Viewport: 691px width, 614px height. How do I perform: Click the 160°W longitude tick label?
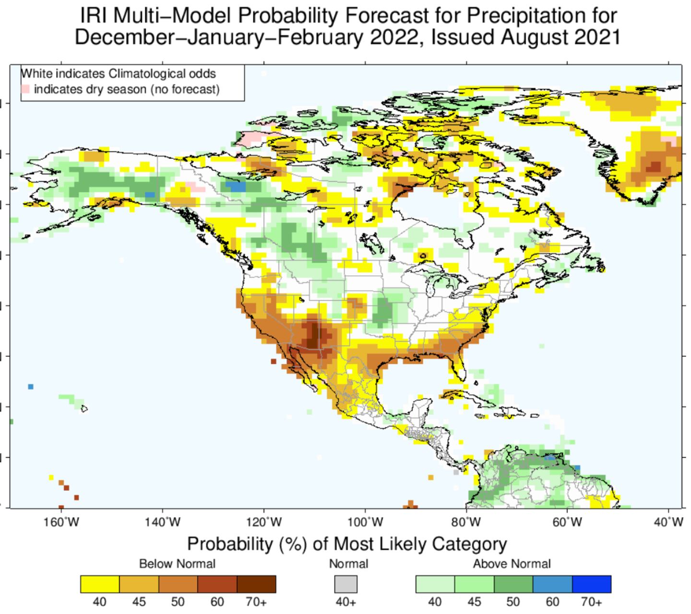pyautogui.click(x=61, y=521)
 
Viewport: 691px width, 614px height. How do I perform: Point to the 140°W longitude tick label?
pyautogui.click(x=162, y=521)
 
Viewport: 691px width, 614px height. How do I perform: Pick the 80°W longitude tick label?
pyautogui.click(x=466, y=521)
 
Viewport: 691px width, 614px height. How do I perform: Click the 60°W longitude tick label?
pyautogui.click(x=568, y=521)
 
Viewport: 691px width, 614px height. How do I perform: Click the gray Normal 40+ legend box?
pyautogui.click(x=346, y=584)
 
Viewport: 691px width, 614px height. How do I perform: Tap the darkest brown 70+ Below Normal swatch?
pyautogui.click(x=256, y=584)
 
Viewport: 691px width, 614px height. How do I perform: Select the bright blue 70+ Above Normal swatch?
pyautogui.click(x=592, y=584)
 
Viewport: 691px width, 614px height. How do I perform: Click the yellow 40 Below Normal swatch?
pyautogui.click(x=100, y=584)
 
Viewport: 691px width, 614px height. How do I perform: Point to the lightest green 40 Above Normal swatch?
pyautogui.click(x=435, y=584)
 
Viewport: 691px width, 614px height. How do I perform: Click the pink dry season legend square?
pyautogui.click(x=25, y=89)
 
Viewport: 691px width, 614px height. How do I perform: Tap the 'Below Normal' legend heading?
pyautogui.click(x=177, y=564)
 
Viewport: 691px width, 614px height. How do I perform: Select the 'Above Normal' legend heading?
pyautogui.click(x=512, y=564)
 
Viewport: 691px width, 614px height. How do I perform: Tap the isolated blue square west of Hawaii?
pyautogui.click(x=31, y=387)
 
